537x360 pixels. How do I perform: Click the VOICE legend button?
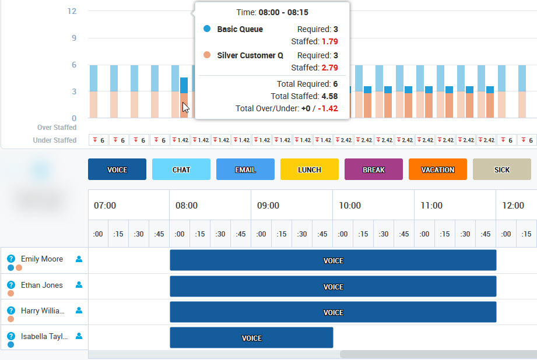(x=117, y=170)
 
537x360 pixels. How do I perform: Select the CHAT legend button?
(x=181, y=170)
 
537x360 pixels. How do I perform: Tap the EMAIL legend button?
(x=245, y=170)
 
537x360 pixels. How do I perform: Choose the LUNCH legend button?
(x=310, y=170)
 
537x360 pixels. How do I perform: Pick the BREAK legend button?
(x=374, y=170)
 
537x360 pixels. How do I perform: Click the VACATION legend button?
(x=438, y=170)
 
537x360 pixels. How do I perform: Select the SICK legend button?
(x=502, y=170)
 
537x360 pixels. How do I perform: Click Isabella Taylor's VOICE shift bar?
(x=251, y=338)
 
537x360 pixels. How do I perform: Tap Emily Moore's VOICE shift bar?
(x=333, y=260)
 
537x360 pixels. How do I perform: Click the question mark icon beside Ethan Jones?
(x=10, y=285)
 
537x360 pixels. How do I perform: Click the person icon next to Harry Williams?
(x=79, y=310)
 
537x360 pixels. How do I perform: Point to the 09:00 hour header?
(x=268, y=206)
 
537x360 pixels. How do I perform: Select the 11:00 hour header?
(x=431, y=206)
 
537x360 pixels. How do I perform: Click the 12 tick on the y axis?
(x=72, y=11)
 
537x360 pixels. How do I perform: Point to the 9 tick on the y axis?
(x=74, y=38)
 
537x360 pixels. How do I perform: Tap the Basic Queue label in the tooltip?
(x=240, y=29)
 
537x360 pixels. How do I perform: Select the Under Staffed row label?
(x=55, y=140)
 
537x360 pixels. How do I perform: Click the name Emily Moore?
(x=42, y=259)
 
